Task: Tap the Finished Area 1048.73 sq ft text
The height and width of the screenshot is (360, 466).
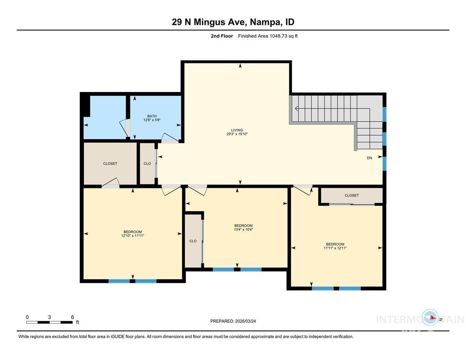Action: point(268,36)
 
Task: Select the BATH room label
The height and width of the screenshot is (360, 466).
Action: point(151,116)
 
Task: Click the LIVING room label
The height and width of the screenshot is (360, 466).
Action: point(237,130)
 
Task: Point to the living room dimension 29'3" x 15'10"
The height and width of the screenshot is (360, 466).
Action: point(237,134)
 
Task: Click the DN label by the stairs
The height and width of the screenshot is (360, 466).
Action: point(369,158)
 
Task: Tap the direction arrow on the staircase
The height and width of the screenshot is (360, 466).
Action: point(297,109)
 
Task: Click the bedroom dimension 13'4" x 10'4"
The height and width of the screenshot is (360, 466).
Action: point(243,230)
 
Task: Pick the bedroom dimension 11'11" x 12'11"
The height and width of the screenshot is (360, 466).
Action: point(335,248)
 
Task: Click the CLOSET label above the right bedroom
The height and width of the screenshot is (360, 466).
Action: point(351,195)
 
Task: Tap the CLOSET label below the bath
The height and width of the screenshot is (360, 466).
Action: point(110,163)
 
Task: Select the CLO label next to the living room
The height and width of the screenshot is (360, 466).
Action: point(147,163)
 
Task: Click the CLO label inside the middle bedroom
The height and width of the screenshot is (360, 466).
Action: point(193,241)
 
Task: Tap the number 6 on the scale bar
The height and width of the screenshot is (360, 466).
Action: point(72,317)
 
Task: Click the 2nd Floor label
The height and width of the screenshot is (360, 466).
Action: point(221,36)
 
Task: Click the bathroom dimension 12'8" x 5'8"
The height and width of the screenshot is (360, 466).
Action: point(151,120)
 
